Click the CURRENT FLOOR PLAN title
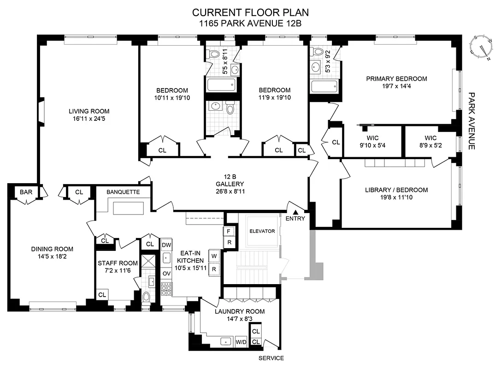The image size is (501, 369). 250,12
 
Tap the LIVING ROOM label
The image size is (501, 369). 89,111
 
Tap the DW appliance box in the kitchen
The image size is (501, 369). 166,245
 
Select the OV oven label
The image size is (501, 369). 166,274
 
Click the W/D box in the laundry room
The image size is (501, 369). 241,342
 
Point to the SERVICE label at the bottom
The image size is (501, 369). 271,358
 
